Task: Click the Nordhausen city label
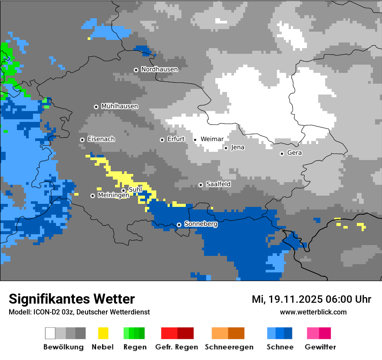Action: click(x=159, y=69)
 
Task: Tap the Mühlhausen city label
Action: click(x=119, y=106)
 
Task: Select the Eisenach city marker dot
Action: click(x=82, y=140)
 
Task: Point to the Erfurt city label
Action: click(x=176, y=139)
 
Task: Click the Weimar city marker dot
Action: click(x=195, y=140)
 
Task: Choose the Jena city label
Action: click(x=237, y=147)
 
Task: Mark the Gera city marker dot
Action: click(x=282, y=154)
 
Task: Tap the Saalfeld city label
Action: click(x=218, y=184)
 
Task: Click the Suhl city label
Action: click(x=135, y=190)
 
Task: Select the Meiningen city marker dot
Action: click(x=92, y=196)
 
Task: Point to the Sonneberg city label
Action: click(x=201, y=224)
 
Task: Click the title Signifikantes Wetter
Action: click(x=72, y=299)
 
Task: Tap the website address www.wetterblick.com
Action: click(x=313, y=312)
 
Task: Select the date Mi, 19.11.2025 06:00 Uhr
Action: click(x=311, y=299)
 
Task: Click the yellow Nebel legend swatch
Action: click(x=103, y=333)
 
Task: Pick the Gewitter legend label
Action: click(x=320, y=347)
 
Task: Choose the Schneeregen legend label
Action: click(x=229, y=347)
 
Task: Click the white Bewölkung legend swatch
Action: click(x=50, y=333)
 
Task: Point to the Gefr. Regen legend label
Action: click(x=176, y=347)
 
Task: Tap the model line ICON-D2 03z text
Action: click(x=79, y=312)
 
